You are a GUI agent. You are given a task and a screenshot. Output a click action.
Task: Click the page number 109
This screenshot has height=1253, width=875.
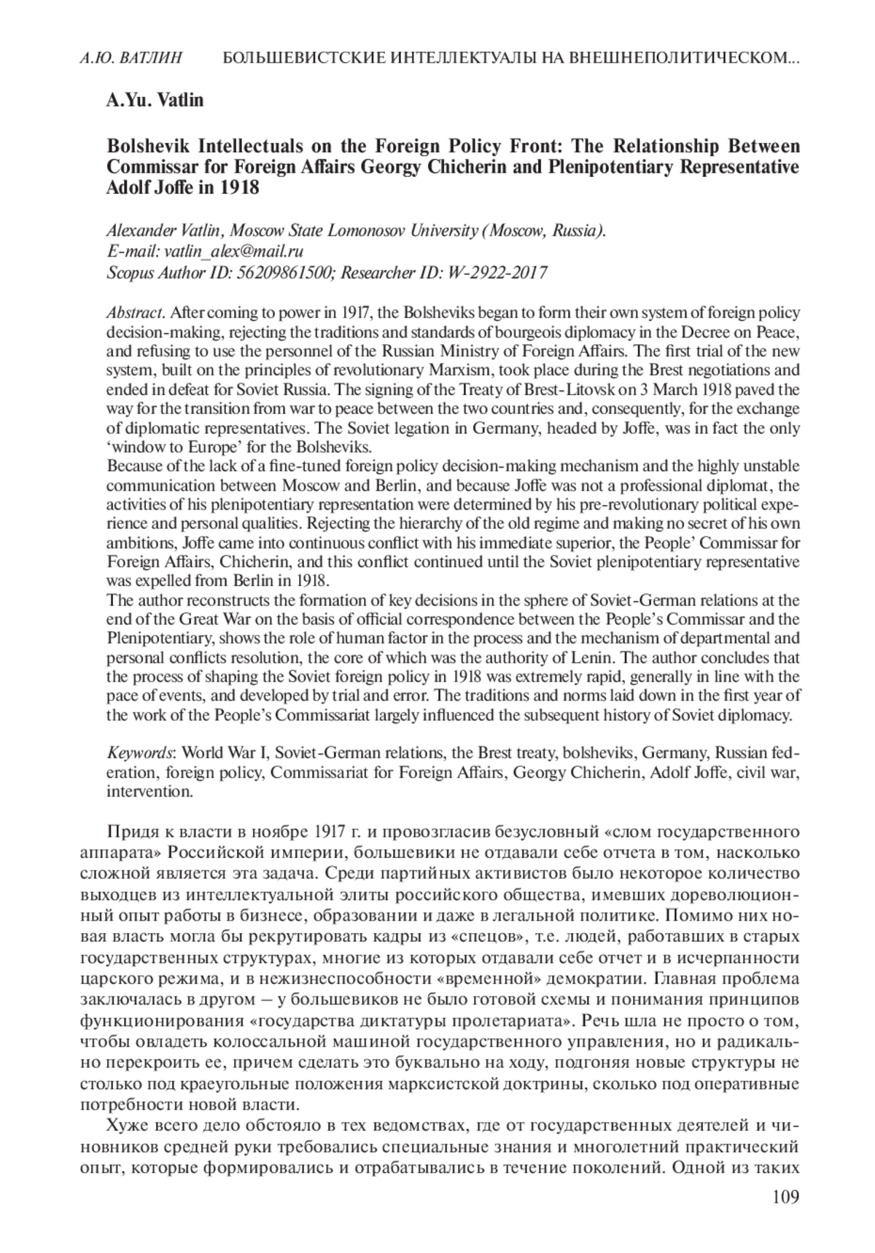click(785, 1197)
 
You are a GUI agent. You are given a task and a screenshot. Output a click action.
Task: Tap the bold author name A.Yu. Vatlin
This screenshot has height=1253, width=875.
click(155, 100)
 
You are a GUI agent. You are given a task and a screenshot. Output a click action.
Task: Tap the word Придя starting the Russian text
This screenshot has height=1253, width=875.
click(129, 832)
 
